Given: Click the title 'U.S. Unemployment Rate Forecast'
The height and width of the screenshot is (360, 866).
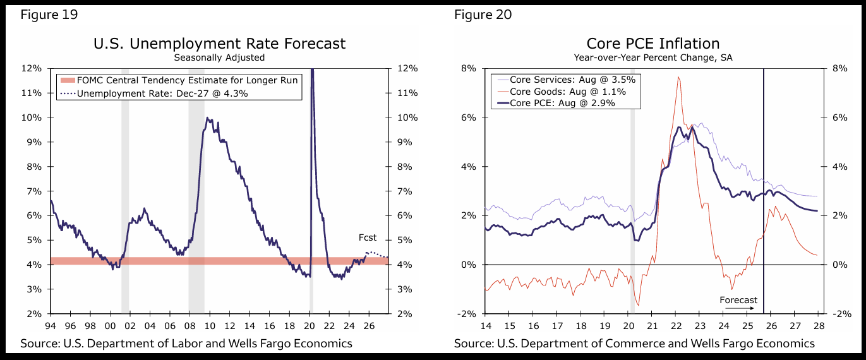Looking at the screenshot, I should point(219,44).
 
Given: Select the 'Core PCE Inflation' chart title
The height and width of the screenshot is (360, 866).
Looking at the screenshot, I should point(653,44).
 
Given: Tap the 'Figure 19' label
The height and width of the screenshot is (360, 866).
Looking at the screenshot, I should point(49,15).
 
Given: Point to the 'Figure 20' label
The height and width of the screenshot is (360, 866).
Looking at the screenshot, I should point(483,15).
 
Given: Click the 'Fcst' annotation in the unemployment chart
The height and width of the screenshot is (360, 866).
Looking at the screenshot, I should point(367,238).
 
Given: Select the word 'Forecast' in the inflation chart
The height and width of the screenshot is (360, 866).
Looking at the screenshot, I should point(738,300).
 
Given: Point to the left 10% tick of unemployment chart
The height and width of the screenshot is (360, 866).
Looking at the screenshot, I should point(33,117).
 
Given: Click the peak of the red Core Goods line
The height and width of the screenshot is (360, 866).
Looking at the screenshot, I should point(678,78).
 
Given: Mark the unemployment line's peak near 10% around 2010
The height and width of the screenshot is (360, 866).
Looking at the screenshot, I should point(207,118).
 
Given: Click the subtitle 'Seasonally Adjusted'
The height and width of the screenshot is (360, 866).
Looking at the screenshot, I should point(219,57).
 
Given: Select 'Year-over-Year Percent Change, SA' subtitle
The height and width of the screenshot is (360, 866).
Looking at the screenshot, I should point(653,57).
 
